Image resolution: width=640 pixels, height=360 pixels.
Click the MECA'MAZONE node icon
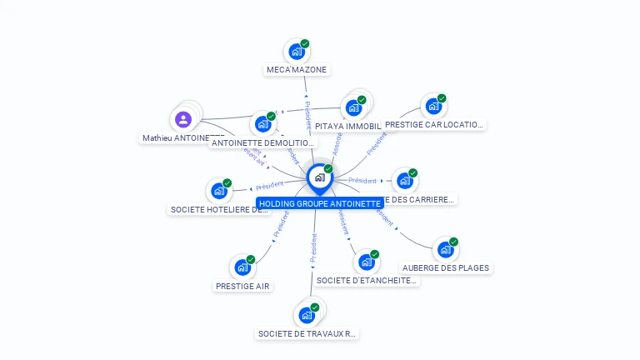click(296, 52)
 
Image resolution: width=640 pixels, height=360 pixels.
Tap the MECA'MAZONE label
click(296, 70)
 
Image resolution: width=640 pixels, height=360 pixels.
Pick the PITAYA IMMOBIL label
click(348, 127)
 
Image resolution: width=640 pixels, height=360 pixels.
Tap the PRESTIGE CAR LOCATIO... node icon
click(432, 107)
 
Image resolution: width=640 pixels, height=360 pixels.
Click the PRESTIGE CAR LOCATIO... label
click(433, 125)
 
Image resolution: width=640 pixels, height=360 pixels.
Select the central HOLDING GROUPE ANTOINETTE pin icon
click(319, 177)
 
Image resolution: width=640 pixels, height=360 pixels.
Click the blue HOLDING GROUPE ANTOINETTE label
click(319, 203)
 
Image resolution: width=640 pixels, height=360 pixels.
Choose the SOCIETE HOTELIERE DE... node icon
click(219, 192)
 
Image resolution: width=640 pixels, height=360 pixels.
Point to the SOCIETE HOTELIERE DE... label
click(219, 210)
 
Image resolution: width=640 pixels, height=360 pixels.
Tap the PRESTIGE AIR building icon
click(242, 267)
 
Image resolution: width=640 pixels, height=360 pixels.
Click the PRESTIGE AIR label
click(242, 286)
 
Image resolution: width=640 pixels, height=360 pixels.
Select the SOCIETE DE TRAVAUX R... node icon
click(307, 315)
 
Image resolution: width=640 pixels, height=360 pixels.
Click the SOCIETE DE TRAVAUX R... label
click(307, 334)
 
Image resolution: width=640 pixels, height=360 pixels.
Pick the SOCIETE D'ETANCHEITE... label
click(367, 281)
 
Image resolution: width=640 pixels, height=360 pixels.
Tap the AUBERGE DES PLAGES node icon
click(446, 249)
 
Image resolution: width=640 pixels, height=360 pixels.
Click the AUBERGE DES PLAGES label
click(446, 268)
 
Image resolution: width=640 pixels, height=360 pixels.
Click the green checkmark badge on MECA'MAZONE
click(305, 43)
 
